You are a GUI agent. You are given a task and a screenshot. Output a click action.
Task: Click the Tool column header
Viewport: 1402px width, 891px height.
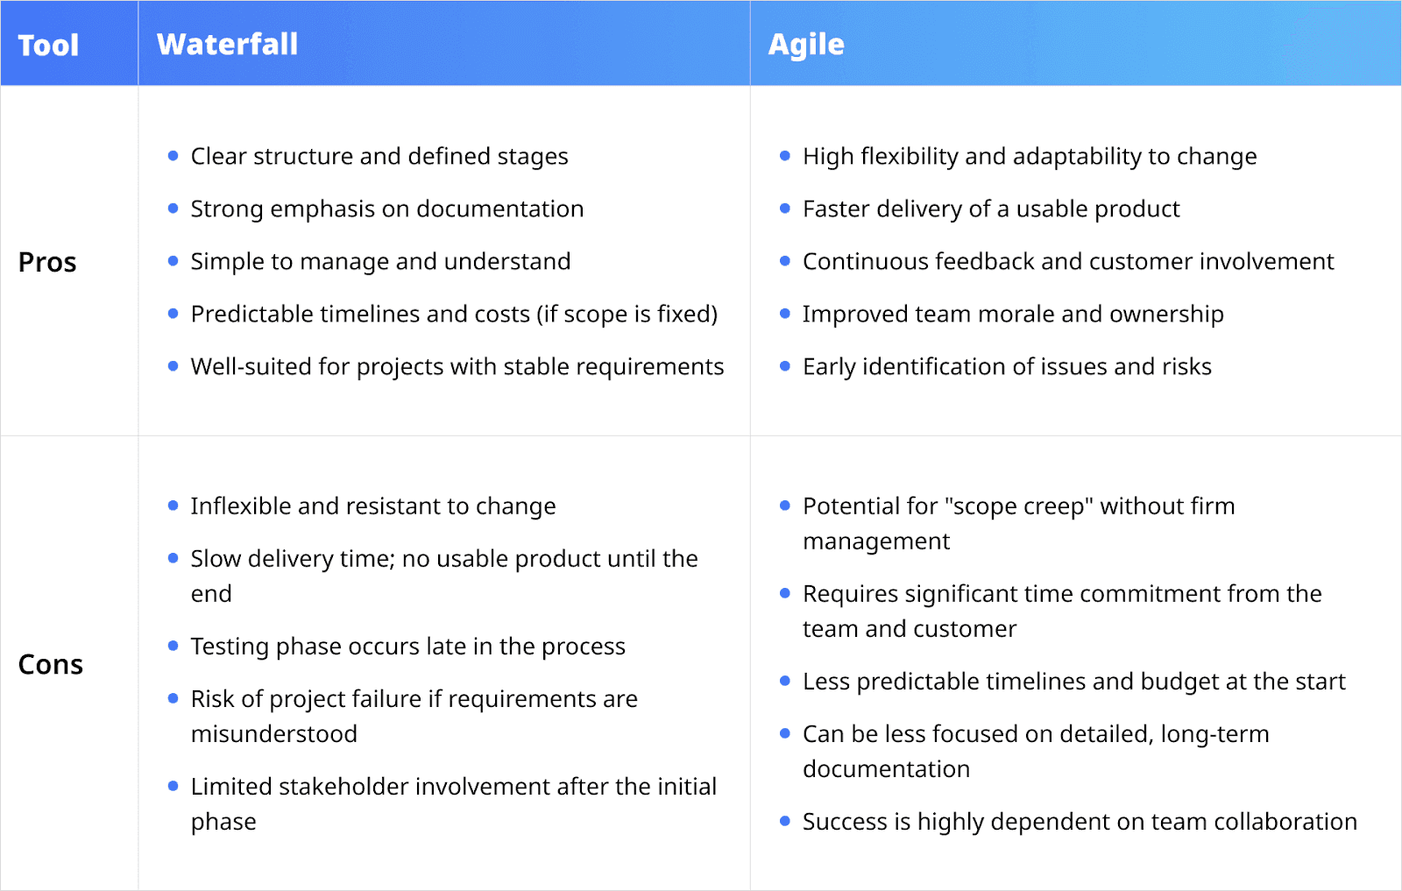point(48,45)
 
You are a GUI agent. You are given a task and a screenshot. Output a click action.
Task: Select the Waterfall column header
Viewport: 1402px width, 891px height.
point(227,45)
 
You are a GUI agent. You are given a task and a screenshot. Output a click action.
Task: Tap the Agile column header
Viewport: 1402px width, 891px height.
point(805,45)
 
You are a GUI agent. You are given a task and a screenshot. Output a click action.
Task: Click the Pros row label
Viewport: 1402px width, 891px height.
point(47,262)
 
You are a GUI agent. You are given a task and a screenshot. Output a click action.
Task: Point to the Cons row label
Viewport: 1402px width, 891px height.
point(50,665)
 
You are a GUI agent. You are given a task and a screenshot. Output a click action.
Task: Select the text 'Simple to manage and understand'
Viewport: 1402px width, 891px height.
point(380,262)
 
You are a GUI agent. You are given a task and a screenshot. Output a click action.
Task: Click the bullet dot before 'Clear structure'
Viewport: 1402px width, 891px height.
point(173,156)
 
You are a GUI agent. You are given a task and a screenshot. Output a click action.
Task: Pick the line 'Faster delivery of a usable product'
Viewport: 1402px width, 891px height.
point(990,209)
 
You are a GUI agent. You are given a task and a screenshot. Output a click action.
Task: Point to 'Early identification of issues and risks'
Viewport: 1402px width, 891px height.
point(1006,367)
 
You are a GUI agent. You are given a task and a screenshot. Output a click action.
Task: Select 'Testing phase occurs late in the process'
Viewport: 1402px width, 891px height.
point(407,647)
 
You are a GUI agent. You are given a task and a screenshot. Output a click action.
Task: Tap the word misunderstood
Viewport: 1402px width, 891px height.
point(273,734)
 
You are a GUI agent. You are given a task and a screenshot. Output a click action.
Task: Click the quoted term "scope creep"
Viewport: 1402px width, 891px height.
point(1018,506)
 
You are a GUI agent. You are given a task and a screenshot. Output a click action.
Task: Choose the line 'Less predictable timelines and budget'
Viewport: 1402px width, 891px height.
point(1073,682)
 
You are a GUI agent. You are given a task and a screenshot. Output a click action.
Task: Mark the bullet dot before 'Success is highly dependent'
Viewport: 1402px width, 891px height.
point(785,821)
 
